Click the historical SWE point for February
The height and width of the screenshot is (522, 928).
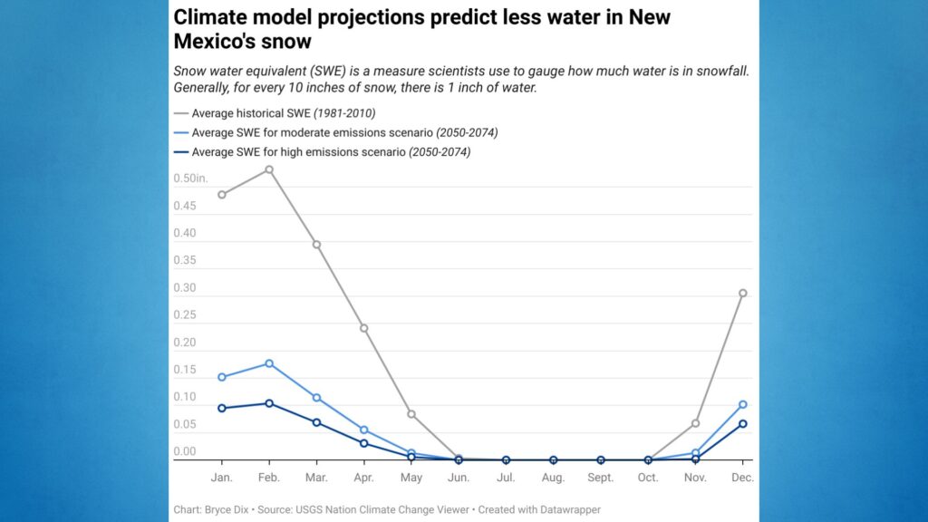pyautogui.click(x=269, y=169)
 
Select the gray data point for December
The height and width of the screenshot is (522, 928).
pyautogui.click(x=742, y=293)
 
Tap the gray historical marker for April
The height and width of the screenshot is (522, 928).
pyautogui.click(x=363, y=328)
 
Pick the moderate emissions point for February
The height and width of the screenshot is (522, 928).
pyautogui.click(x=269, y=363)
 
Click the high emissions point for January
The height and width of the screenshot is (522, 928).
pyautogui.click(x=222, y=408)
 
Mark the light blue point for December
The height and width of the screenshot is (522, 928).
pyautogui.click(x=742, y=404)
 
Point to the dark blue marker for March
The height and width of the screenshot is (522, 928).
pyautogui.click(x=316, y=422)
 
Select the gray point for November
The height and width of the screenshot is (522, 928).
pyautogui.click(x=695, y=423)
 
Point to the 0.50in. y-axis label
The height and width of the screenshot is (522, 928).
pyautogui.click(x=190, y=179)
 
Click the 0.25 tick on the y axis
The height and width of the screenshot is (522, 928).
pyautogui.click(x=185, y=315)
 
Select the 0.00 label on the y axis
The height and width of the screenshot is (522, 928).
pyautogui.click(x=185, y=451)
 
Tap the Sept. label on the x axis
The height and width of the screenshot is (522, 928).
pyautogui.click(x=600, y=477)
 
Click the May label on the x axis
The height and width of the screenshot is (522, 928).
pyautogui.click(x=411, y=477)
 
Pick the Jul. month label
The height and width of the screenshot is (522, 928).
pyautogui.click(x=506, y=477)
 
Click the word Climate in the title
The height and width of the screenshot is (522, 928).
pyautogui.click(x=210, y=17)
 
